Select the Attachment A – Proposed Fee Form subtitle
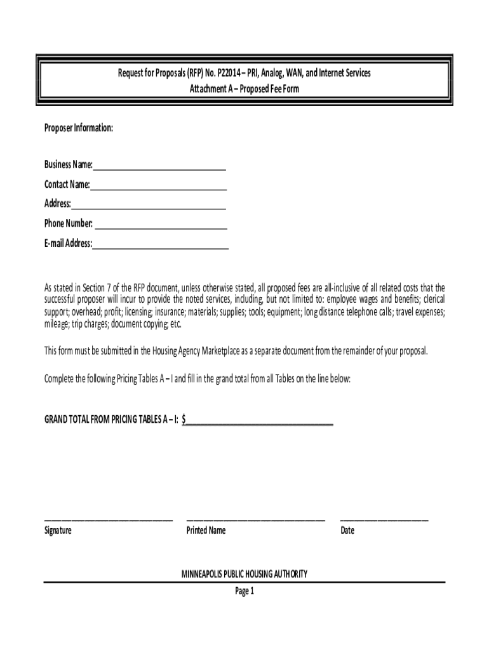[x=245, y=90]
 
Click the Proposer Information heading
[x=79, y=128]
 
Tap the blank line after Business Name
[x=159, y=169]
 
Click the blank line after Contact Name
[x=159, y=189]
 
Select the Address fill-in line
[x=149, y=207]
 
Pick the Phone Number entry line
[x=161, y=227]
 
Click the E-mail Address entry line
[x=160, y=247]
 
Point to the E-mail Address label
[x=68, y=243]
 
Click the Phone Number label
[x=69, y=223]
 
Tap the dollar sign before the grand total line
[x=184, y=420]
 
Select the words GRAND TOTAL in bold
[x=71, y=420]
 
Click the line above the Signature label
[x=108, y=520]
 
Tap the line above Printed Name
[x=255, y=520]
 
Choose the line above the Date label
[x=384, y=520]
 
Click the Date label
[x=347, y=531]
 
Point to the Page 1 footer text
[x=245, y=592]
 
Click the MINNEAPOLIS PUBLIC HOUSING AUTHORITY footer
[x=245, y=574]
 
